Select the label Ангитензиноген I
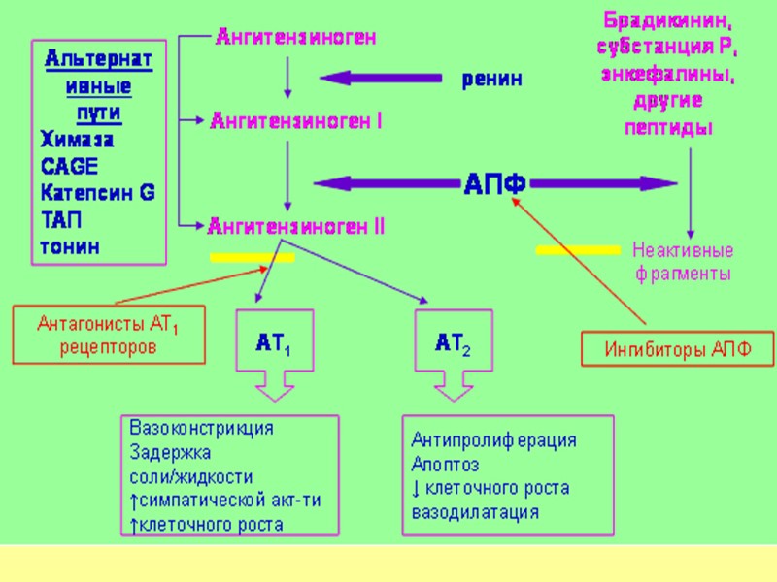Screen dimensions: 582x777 point(296,121)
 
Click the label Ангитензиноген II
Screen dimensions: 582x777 point(296,226)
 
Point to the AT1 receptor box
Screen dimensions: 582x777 point(275,342)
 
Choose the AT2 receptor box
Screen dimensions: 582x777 point(454,342)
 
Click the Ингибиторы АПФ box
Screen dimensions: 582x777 point(678,349)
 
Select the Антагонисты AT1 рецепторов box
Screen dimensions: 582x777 point(108,335)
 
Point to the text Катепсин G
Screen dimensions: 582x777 point(97,192)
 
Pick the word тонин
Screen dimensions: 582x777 point(69,246)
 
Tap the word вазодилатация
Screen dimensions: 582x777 point(475,511)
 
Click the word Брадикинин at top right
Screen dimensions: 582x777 point(665,19)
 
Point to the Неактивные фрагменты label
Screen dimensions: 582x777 point(683,262)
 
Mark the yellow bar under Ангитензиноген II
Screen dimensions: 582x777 point(252,257)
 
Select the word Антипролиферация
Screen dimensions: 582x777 point(493,439)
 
